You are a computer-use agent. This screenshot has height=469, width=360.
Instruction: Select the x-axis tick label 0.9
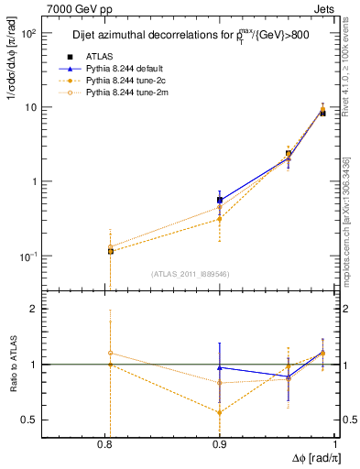point(221,443)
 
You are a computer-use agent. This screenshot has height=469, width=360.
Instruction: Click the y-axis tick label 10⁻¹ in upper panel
point(50,256)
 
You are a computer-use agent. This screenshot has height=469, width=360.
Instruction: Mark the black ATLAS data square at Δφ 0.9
point(220,200)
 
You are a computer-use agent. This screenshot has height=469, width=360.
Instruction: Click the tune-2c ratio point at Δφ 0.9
point(220,412)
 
